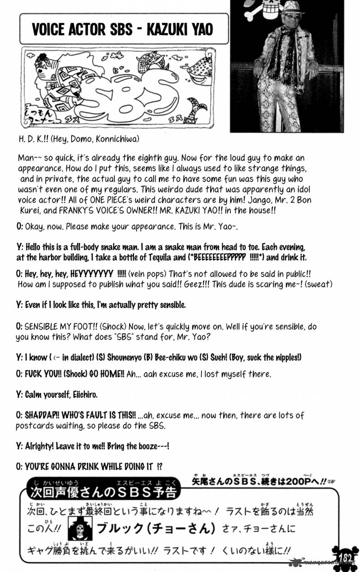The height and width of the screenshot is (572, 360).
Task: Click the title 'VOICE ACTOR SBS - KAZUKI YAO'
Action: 122,30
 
